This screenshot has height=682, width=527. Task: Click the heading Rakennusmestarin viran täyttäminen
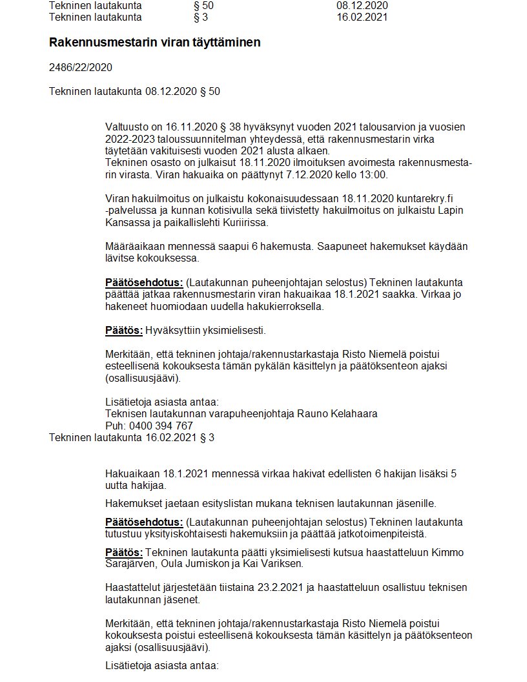155,43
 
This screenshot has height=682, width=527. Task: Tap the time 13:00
373,175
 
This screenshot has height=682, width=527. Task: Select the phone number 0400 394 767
161,426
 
